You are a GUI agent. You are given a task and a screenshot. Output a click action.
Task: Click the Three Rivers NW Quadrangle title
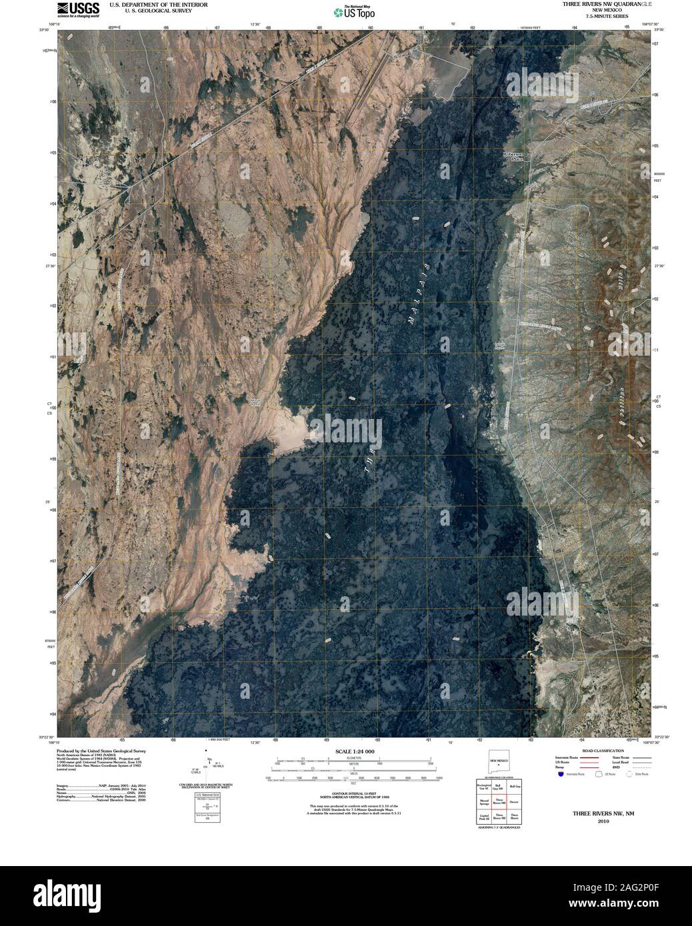(596, 5)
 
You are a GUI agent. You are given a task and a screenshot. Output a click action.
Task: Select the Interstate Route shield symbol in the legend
(560, 773)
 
